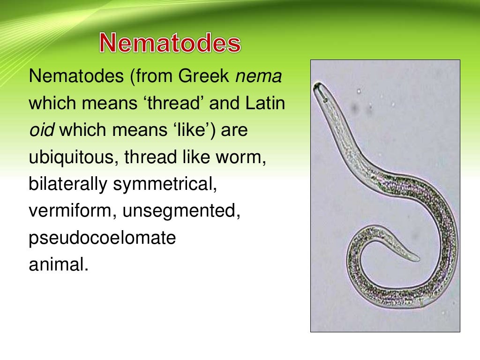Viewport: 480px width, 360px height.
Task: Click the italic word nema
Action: (x=258, y=76)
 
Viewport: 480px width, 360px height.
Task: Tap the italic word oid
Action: (x=41, y=130)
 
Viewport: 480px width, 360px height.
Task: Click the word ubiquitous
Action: (x=74, y=157)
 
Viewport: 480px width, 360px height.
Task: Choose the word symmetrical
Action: (x=165, y=184)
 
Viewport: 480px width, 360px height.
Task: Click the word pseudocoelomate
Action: (x=102, y=238)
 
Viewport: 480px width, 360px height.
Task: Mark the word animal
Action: (x=58, y=265)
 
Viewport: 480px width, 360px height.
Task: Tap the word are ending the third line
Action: (x=234, y=130)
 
